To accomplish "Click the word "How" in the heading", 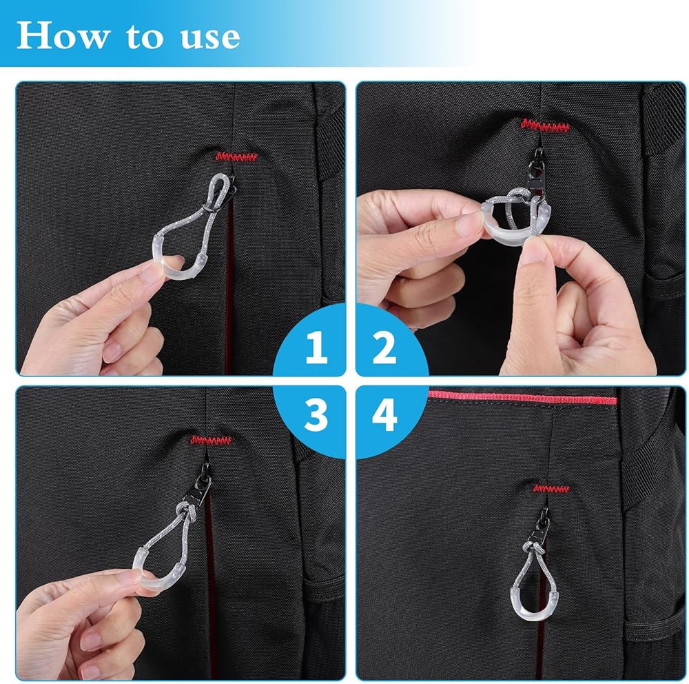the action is (63, 36).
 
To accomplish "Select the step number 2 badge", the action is (385, 348).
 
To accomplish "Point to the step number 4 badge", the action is (384, 415).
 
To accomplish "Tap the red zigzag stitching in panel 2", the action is (545, 125).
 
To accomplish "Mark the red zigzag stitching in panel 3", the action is (212, 440).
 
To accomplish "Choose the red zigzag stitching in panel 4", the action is (551, 489).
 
